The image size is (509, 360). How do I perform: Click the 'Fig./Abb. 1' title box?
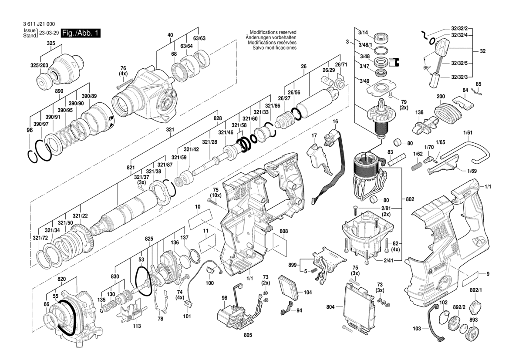pyautogui.click(x=81, y=34)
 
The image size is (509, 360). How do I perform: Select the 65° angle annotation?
pyautogui.click(x=427, y=67)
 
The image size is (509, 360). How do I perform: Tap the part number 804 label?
pyautogui.click(x=330, y=307)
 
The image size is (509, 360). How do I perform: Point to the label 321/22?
pyautogui.click(x=80, y=216)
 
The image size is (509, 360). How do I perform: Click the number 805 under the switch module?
pyautogui.click(x=248, y=335)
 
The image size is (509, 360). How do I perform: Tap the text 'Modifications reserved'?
pyautogui.click(x=273, y=33)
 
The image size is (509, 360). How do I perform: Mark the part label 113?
pyautogui.click(x=137, y=326)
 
